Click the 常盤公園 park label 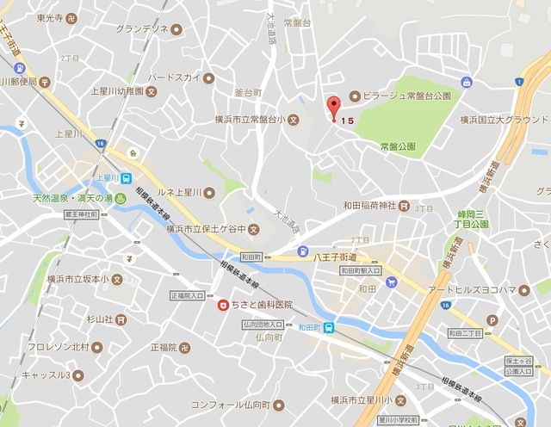(397, 147)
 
